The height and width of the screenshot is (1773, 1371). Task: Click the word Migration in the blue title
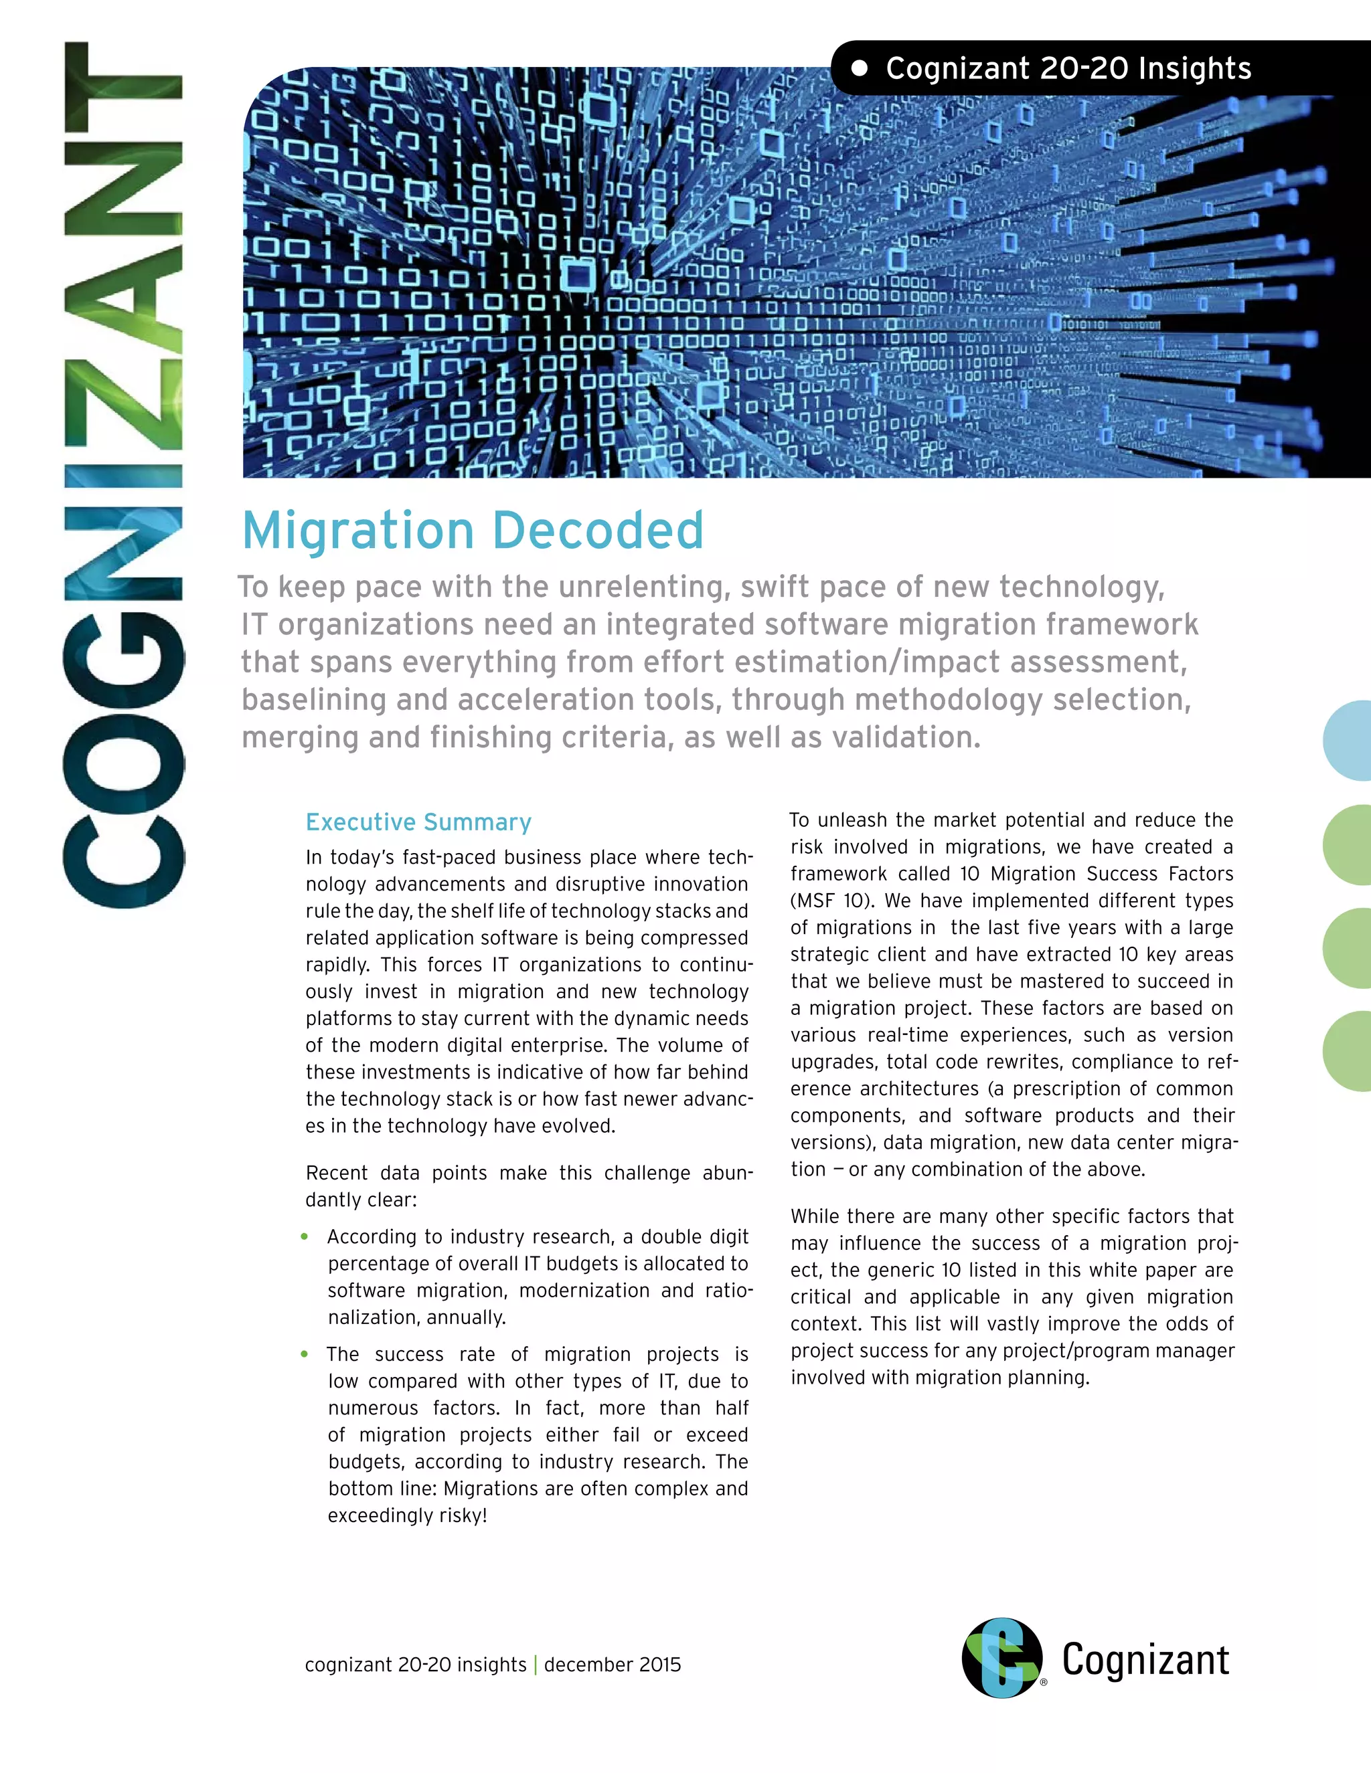click(358, 531)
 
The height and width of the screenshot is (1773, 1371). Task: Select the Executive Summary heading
click(418, 822)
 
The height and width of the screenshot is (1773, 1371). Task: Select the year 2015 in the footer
click(659, 1665)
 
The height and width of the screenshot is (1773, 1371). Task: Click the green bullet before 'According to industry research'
click(305, 1237)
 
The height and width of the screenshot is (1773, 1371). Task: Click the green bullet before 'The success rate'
click(305, 1354)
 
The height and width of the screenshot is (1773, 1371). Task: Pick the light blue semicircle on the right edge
click(1348, 741)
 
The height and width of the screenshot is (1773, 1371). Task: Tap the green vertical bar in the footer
click(536, 1665)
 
